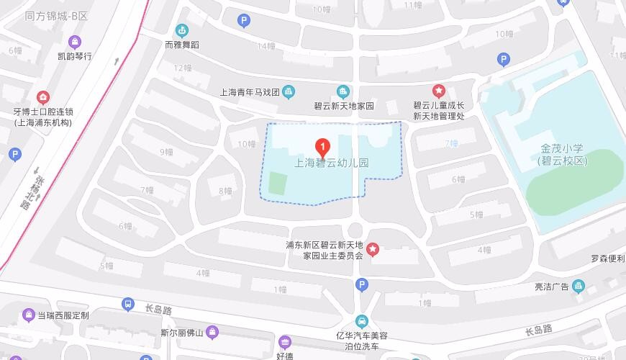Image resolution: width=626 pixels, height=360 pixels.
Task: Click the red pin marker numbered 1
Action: coord(323,148)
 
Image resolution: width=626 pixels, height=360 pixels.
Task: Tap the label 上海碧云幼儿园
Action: coord(332,163)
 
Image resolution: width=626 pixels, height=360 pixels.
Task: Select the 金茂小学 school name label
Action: coord(562,155)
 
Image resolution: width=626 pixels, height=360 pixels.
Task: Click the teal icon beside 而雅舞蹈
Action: coord(181,30)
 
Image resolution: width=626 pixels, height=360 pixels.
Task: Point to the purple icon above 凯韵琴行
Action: coord(75,41)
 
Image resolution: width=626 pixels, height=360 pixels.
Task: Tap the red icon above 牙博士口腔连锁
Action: coord(43,97)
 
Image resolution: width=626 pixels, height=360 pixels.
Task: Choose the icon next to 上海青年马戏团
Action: coord(289,91)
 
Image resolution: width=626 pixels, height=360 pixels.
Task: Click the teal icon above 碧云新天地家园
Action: coord(343,91)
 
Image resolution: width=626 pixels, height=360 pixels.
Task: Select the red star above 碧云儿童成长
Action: coord(438,91)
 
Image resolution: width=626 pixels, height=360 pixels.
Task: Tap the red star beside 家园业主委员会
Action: coord(373,249)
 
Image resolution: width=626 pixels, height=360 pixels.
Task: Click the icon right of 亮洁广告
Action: coord(579,287)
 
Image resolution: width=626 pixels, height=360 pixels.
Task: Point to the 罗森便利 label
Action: coord(608,258)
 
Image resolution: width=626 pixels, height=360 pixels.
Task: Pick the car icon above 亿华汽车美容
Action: coord(361,321)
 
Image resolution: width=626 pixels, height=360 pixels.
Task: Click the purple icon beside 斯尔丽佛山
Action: coord(212,333)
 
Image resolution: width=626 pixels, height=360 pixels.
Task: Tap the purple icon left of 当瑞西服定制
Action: coord(28,315)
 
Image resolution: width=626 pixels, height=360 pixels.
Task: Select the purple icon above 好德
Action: coord(285,341)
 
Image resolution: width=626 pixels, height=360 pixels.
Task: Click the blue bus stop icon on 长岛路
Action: coord(128,305)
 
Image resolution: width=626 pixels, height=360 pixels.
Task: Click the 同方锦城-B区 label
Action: coord(55,15)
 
